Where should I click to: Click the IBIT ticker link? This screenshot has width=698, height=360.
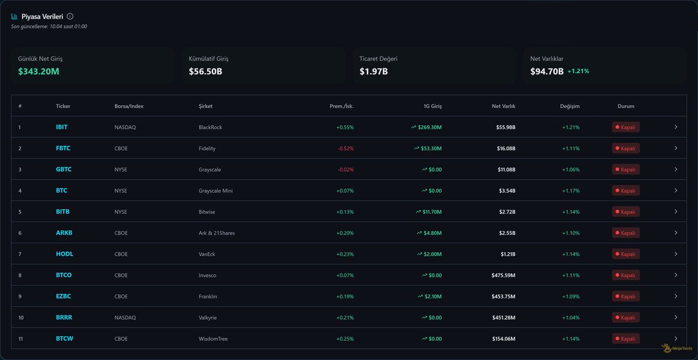pos(62,127)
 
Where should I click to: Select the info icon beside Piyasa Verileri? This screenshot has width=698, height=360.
pos(70,17)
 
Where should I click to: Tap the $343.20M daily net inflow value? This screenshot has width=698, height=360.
pos(38,72)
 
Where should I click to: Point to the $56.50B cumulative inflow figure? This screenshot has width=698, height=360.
pos(205,72)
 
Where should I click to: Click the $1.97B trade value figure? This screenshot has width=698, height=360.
pos(373,72)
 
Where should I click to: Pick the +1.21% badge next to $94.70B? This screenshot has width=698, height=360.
pos(578,72)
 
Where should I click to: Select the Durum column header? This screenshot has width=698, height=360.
pos(626,106)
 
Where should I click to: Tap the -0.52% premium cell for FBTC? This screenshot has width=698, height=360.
pos(345,148)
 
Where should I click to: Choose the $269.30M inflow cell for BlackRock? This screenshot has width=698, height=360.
pos(429,127)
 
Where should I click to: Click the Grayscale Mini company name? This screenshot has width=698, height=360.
pos(216,191)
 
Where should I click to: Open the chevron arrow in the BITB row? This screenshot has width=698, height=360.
pos(675,212)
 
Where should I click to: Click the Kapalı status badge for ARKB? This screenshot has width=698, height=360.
pos(626,233)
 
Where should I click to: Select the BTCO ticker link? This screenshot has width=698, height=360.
pos(63,275)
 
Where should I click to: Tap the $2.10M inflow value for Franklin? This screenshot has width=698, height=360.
pos(433,297)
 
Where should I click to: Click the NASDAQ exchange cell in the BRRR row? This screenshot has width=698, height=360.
pos(125,318)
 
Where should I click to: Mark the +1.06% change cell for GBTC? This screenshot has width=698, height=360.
pos(570,169)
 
